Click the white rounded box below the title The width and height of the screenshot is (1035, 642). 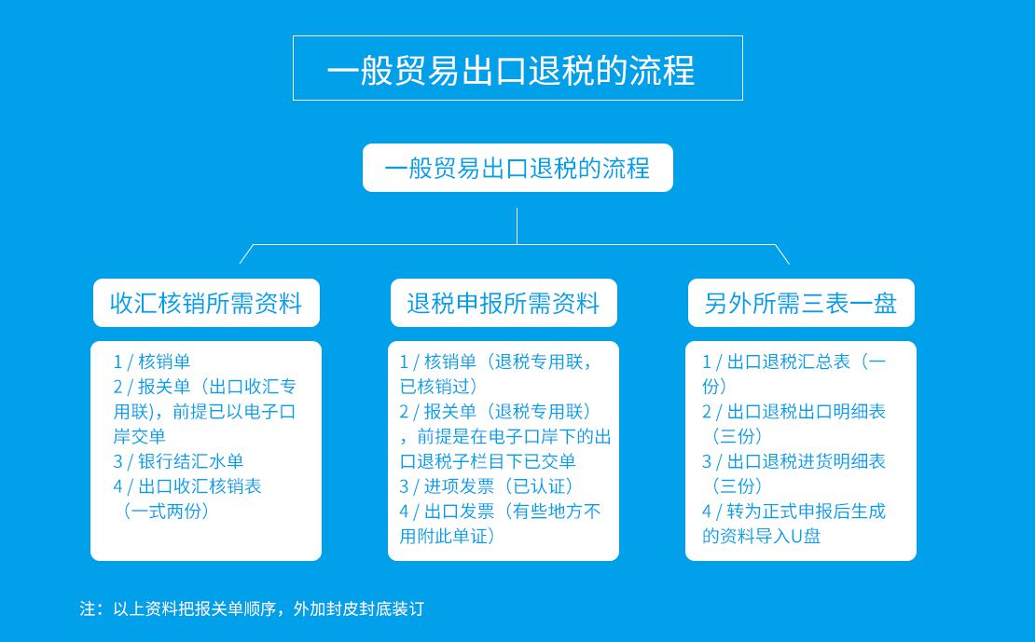(x=517, y=168)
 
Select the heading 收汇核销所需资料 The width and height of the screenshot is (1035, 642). (x=206, y=303)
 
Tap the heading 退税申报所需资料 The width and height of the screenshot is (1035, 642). (x=503, y=303)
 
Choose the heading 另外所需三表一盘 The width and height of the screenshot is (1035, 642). (x=801, y=303)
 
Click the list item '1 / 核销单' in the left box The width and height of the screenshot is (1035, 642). (x=152, y=362)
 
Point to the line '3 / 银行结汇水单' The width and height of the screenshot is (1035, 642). (x=178, y=461)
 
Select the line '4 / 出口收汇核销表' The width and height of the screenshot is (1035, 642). (x=187, y=486)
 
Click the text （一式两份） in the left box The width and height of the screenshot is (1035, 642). (x=165, y=512)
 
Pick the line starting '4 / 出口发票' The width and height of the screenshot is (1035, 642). (x=501, y=512)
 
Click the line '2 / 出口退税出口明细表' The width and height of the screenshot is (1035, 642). (x=794, y=412)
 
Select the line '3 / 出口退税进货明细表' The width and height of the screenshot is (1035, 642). (x=794, y=461)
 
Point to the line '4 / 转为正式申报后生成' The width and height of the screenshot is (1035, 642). (x=794, y=512)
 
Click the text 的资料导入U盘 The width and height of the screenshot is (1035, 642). (x=761, y=536)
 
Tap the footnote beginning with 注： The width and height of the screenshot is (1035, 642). (x=252, y=608)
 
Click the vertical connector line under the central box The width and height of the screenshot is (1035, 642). (x=517, y=226)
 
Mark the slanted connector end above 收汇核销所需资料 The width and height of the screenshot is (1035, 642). (x=240, y=264)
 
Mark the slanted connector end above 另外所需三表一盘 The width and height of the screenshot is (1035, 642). (x=790, y=264)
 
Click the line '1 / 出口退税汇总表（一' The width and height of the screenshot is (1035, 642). (x=794, y=362)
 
